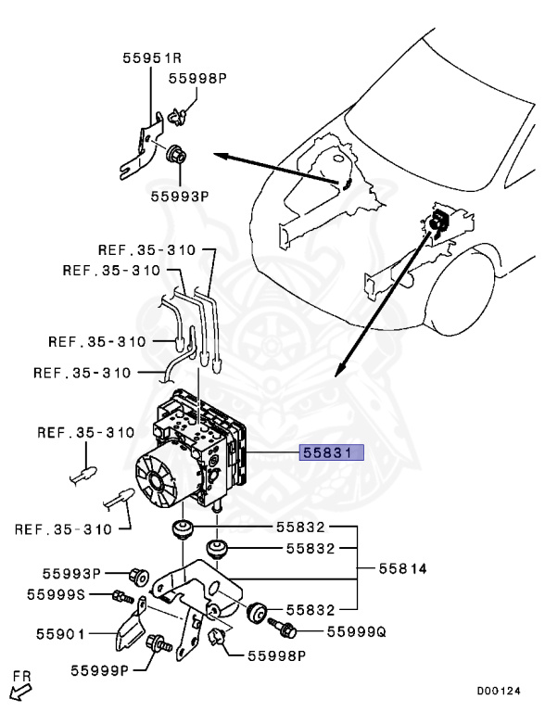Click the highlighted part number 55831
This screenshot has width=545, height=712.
pyautogui.click(x=331, y=452)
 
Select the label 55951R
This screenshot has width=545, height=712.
pyautogui.click(x=152, y=58)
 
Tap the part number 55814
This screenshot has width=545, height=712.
pyautogui.click(x=403, y=568)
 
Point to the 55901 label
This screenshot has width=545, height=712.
pyautogui.click(x=60, y=634)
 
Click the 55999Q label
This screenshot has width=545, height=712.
pyautogui.click(x=357, y=631)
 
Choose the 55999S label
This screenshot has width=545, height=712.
pyautogui.click(x=56, y=594)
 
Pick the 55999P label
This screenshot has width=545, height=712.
pyautogui.click(x=100, y=670)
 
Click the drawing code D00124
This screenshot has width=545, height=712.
pyautogui.click(x=499, y=691)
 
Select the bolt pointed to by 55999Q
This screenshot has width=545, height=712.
pyautogui.click(x=282, y=627)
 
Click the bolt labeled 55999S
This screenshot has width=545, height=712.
pyautogui.click(x=122, y=597)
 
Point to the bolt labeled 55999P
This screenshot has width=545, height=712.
pyautogui.click(x=158, y=643)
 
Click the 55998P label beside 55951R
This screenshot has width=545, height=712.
pyautogui.click(x=197, y=79)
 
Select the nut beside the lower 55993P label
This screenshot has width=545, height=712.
pyautogui.click(x=139, y=577)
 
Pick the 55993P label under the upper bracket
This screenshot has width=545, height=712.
pyautogui.click(x=180, y=197)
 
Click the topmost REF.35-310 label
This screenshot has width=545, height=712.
pyautogui.click(x=146, y=249)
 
